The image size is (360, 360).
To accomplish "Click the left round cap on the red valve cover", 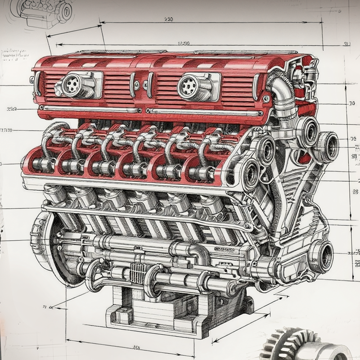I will (72, 84).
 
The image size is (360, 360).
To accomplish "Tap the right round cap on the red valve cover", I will (189, 86).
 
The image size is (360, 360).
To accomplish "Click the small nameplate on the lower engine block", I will (225, 249).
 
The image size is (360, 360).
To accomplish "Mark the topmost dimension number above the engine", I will (169, 19).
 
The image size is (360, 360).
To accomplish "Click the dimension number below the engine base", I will (135, 347).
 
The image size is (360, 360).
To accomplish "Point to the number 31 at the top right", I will (346, 44).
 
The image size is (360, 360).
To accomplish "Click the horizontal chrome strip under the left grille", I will (90, 109).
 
